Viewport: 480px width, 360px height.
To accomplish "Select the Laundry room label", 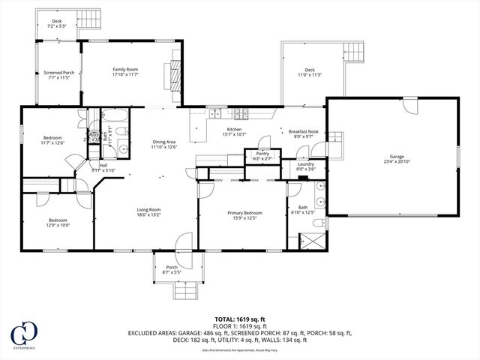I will point(305,166).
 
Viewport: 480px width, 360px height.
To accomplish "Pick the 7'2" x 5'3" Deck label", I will point(57,23).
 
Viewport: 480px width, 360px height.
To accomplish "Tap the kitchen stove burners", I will point(241,114).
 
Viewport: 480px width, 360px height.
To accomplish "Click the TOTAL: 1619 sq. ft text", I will point(240,318).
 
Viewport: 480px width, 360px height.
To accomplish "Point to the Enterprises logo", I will point(25,335).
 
